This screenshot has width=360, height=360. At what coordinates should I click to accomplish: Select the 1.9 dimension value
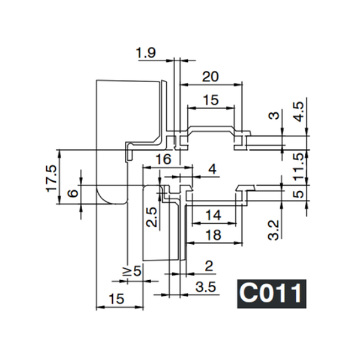pos(146,54)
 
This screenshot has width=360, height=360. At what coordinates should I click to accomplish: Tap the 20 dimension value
pos(210,76)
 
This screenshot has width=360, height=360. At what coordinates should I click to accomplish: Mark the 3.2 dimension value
pos(274,229)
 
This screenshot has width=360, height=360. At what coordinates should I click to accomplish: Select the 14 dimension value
pos(213,215)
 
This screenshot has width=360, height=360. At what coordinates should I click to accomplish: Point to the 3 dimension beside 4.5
pos(275,116)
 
